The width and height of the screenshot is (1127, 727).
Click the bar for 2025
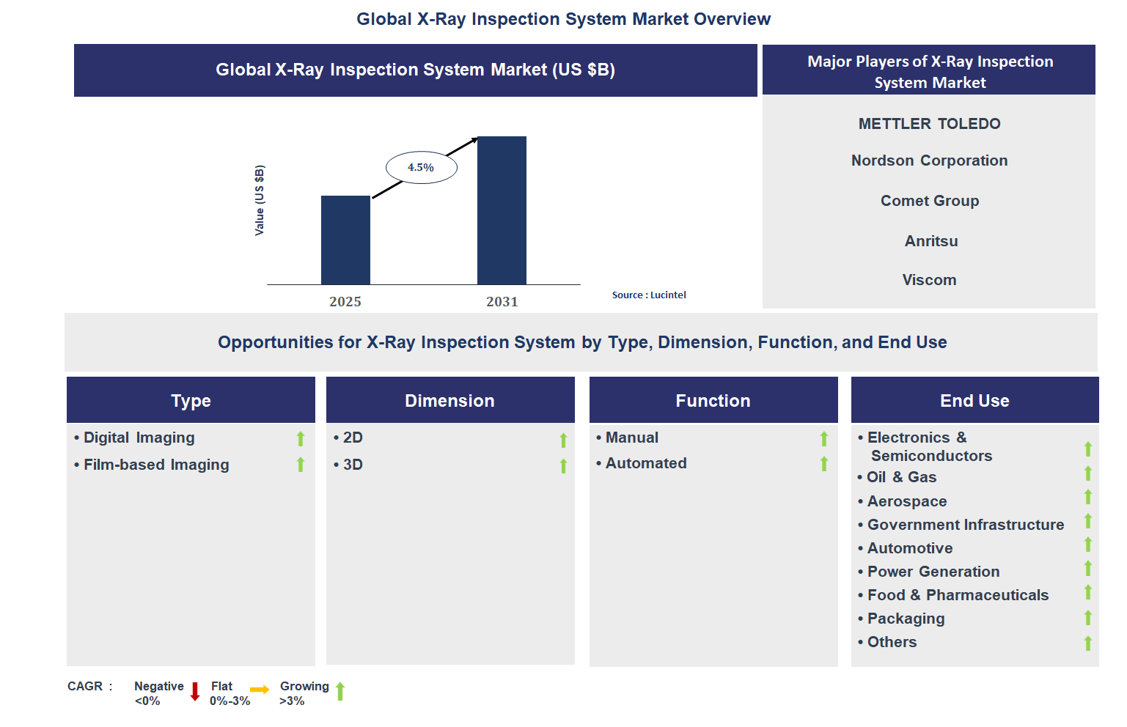pos(345,240)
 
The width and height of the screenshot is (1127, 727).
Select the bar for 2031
pos(502,210)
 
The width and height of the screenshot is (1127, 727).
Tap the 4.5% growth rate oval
pos(422,168)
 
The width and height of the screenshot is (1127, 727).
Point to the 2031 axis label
pos(502,301)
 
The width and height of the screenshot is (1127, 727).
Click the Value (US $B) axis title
pos(260,200)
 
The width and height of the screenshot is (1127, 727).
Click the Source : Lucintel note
pos(649,295)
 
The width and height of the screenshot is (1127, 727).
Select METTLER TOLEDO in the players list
pos(929,124)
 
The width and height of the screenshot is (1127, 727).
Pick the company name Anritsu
pos(930,241)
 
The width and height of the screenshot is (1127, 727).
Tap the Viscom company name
pos(929,280)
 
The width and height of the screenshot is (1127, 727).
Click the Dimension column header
pos(449,400)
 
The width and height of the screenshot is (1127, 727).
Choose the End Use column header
pos(974,400)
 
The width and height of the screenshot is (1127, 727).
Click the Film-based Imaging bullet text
pos(156,465)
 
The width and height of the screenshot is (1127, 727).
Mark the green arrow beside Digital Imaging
pos(301,438)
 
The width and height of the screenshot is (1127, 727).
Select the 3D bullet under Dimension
pos(353,465)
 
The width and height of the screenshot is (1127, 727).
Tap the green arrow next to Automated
pos(824,464)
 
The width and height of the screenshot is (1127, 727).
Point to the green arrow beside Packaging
pos(1088,618)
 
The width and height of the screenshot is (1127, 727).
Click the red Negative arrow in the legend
pos(195,691)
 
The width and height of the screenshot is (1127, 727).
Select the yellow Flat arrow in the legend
pos(260,690)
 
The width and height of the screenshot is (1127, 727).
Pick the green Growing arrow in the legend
pos(340,691)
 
